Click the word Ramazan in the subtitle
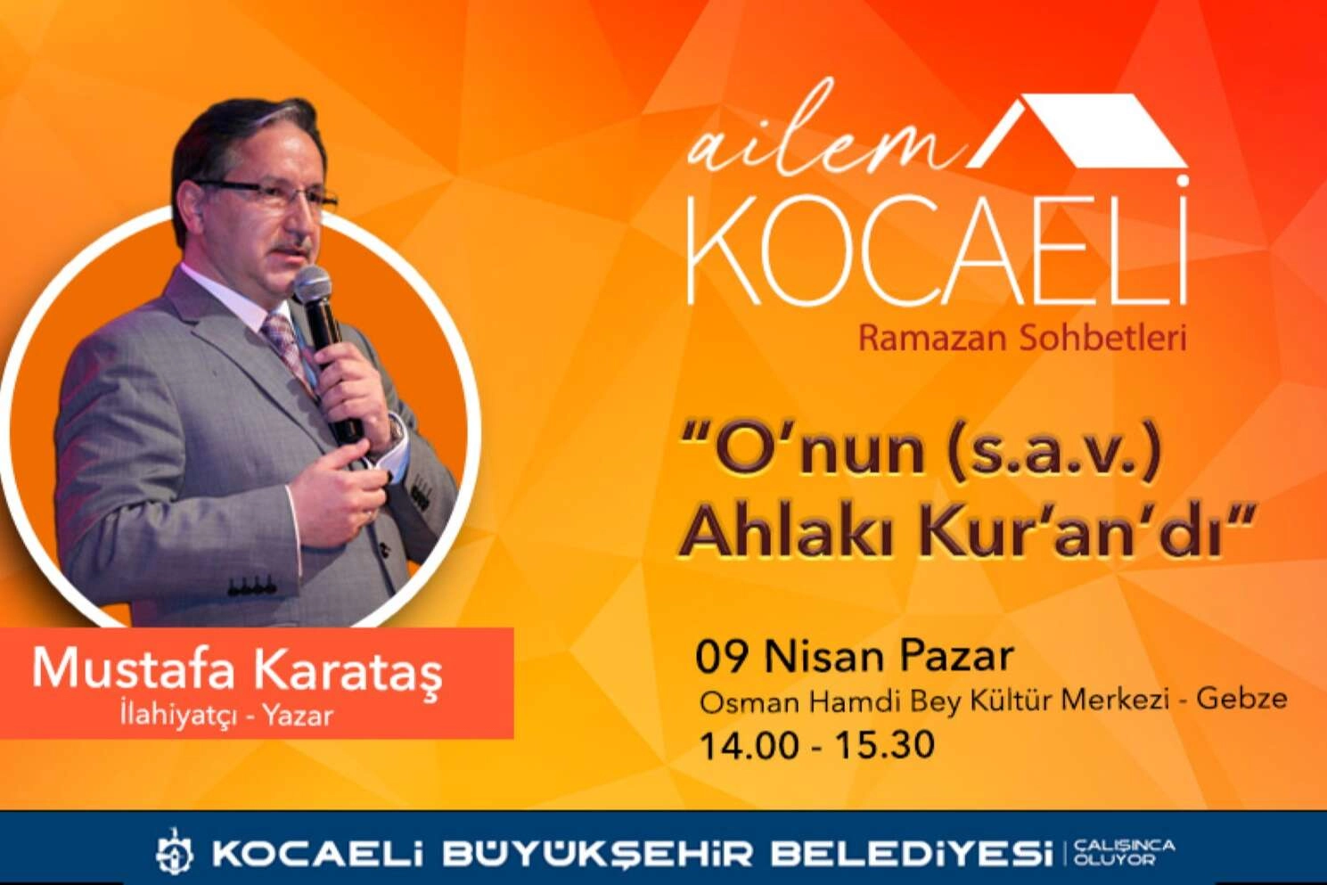(x=925, y=340)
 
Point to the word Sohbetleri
(x=1096, y=340)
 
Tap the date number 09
(x=720, y=658)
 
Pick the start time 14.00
(x=748, y=745)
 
